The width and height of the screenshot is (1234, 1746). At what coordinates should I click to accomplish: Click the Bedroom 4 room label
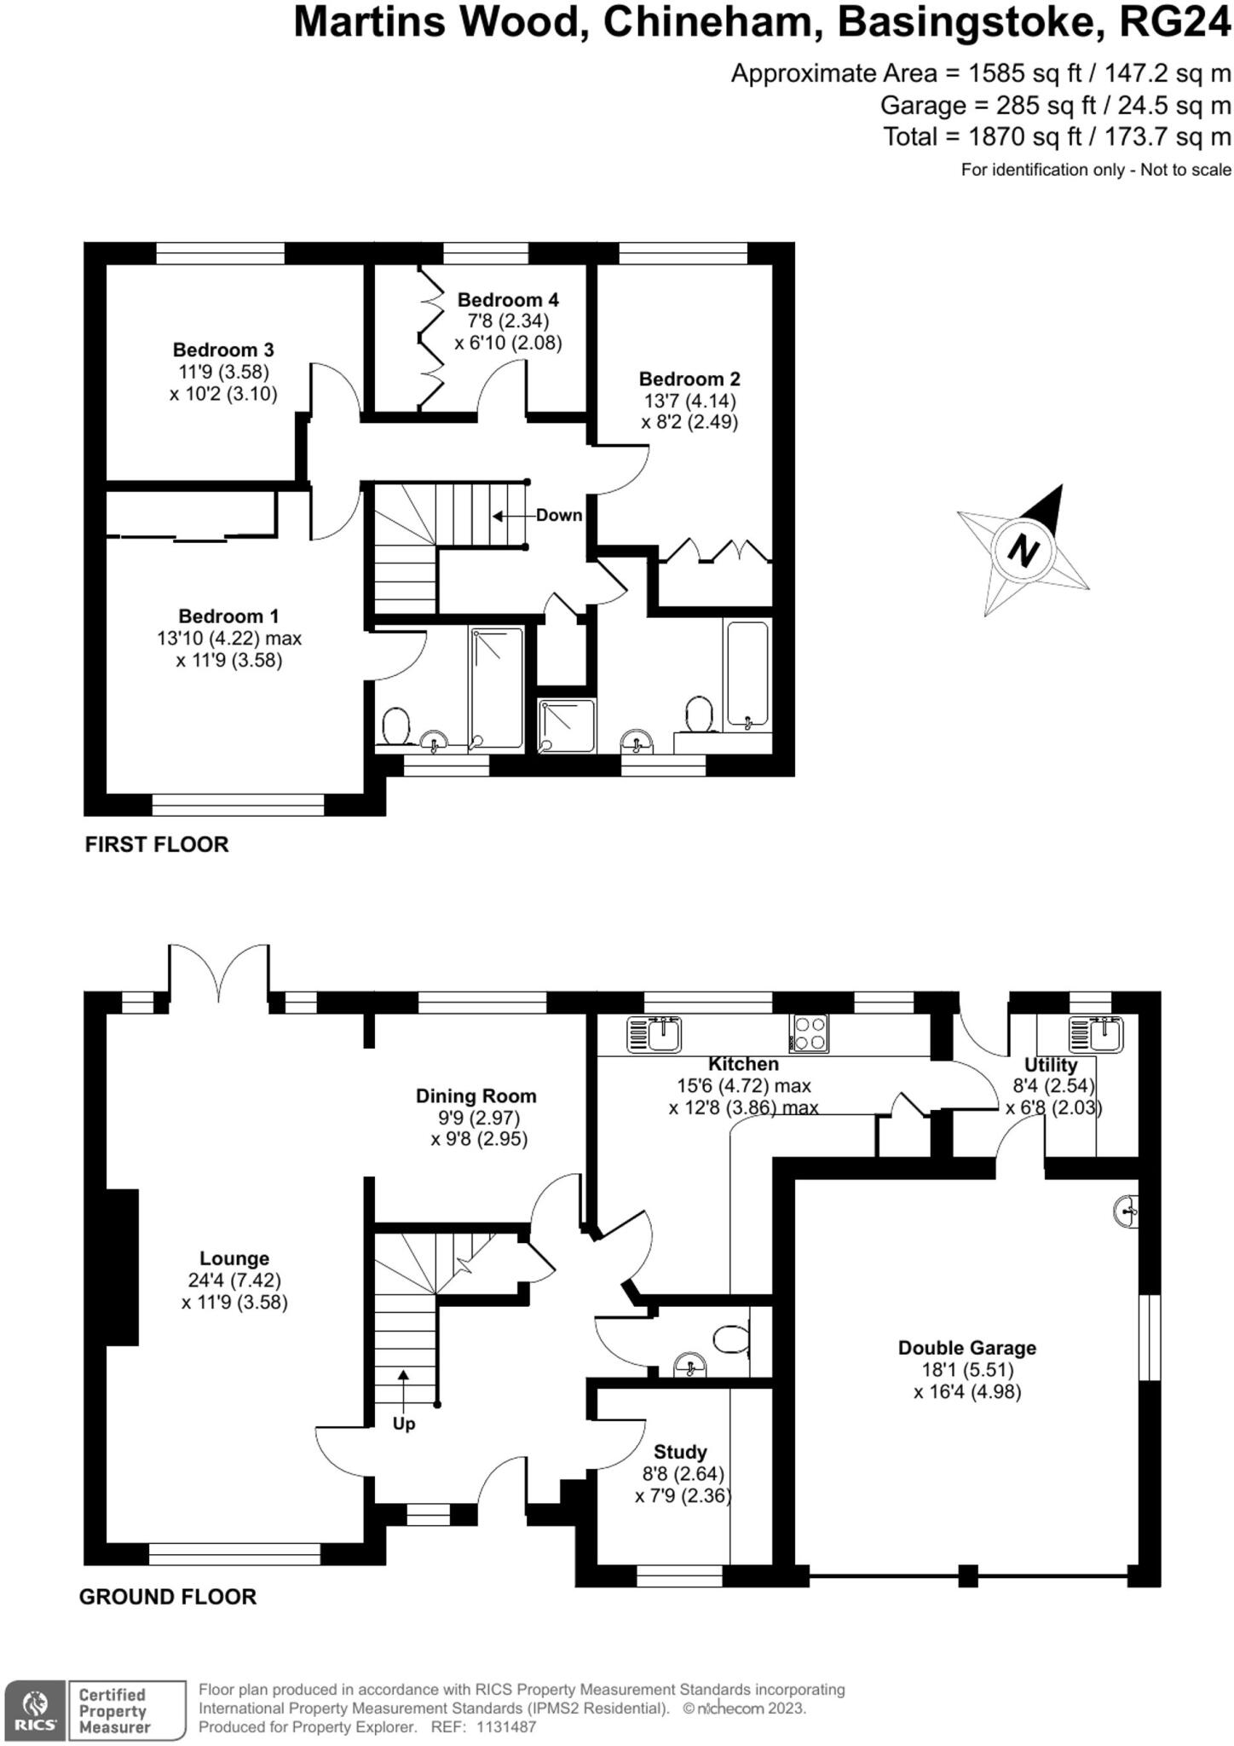pyautogui.click(x=508, y=300)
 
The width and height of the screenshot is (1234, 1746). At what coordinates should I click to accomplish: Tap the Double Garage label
pyautogui.click(x=967, y=1348)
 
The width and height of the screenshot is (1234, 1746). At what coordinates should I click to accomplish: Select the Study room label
pyautogui.click(x=680, y=1452)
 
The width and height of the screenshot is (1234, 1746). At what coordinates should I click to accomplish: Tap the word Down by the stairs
pyautogui.click(x=559, y=515)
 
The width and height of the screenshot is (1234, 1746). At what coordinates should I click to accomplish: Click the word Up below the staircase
pyautogui.click(x=404, y=1424)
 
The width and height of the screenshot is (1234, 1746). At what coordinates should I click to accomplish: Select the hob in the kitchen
pyautogui.click(x=809, y=1033)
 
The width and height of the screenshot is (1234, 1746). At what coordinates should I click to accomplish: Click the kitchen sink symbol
pyautogui.click(x=654, y=1034)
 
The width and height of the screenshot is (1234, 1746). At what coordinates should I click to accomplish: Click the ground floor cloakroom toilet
pyautogui.click(x=729, y=1339)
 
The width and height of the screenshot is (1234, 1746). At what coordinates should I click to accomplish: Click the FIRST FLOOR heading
pyautogui.click(x=157, y=845)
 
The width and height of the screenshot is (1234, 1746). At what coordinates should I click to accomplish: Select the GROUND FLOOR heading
pyautogui.click(x=168, y=1597)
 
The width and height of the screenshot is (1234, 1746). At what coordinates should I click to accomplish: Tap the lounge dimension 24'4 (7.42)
pyautogui.click(x=234, y=1280)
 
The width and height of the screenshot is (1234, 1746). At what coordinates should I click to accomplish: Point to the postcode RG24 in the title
pyautogui.click(x=1174, y=23)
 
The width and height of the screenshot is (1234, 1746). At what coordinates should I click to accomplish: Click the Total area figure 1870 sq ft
pyautogui.click(x=1007, y=136)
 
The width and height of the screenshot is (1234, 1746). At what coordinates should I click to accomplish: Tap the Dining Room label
pyautogui.click(x=476, y=1096)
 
